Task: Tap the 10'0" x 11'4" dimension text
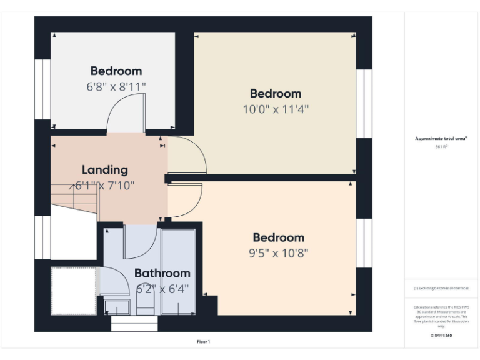coord(276,109)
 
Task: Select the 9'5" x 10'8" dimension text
coord(278,253)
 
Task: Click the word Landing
coord(105,169)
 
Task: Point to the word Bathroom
coord(162,273)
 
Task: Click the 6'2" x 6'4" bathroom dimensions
coord(162,289)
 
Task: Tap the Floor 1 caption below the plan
coord(204,342)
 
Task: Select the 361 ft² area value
coord(441,147)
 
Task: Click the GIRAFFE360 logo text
coord(441,336)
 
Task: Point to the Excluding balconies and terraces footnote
coord(441,288)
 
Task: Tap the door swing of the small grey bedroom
coord(126,116)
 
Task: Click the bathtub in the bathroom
coord(179,272)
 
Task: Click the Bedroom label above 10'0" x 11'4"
coord(276,94)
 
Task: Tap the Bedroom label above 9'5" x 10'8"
coord(278,237)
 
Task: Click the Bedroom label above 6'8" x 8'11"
coord(116,71)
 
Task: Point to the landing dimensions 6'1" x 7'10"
coord(105,185)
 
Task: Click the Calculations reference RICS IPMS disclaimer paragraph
coord(441,316)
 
